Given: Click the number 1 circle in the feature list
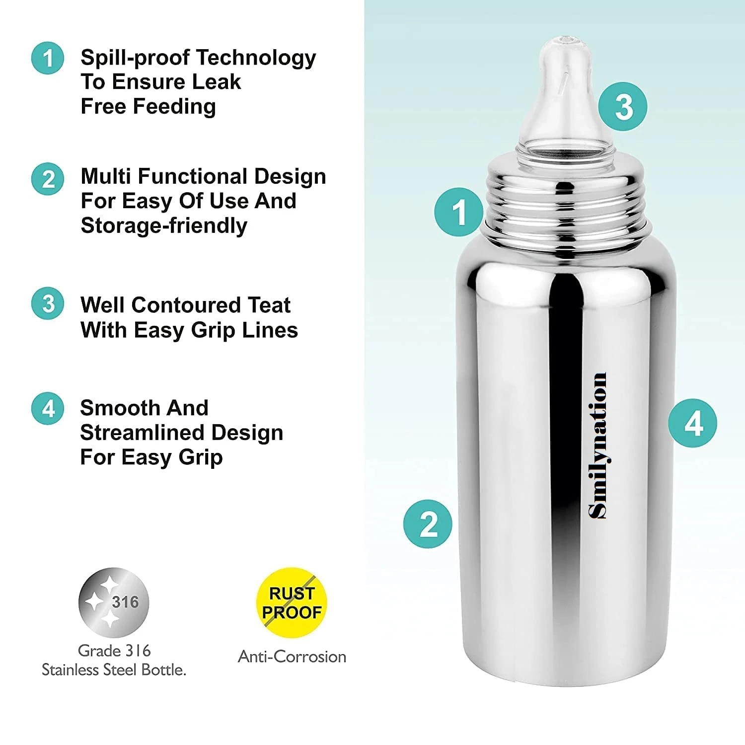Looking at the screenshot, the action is coord(48,58).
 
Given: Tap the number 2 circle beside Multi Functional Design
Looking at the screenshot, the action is coord(48,179).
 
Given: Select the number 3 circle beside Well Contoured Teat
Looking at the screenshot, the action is coord(48,303).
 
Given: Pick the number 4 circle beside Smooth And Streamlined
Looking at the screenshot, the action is coord(48,408).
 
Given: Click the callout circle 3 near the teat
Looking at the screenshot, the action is coord(623,107).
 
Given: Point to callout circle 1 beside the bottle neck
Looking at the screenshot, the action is coord(459,212).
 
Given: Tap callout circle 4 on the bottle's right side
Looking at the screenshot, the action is coord(692,423).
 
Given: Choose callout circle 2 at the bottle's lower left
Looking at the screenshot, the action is coord(428,524).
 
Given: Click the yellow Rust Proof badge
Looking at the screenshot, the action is coord(292,602).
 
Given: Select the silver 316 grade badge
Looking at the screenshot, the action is coord(114,602).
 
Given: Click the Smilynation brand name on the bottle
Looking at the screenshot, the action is coord(597,446).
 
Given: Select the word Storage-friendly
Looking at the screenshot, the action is coord(164,225).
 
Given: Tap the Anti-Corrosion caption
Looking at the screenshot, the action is coord(292,657).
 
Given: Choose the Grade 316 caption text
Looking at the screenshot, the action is coord(114,651).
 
